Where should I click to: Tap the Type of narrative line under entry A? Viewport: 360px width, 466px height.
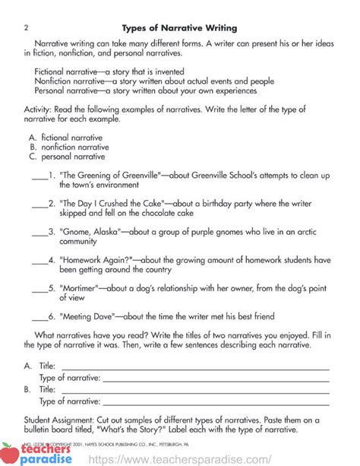tap(216, 378)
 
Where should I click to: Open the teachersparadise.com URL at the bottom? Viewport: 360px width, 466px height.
tap(181, 459)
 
